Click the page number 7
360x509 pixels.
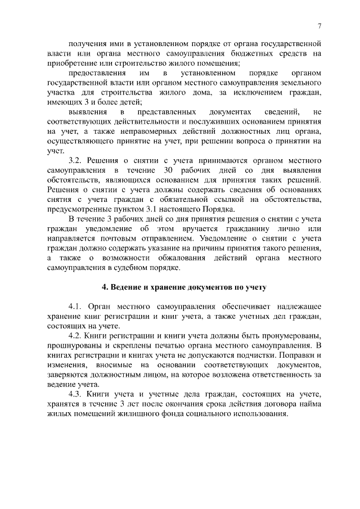[x=319, y=26]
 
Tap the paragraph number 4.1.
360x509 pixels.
[x=78, y=307]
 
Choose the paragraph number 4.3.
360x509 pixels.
[x=78, y=395]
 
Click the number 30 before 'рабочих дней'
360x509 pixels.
[x=180, y=170]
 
